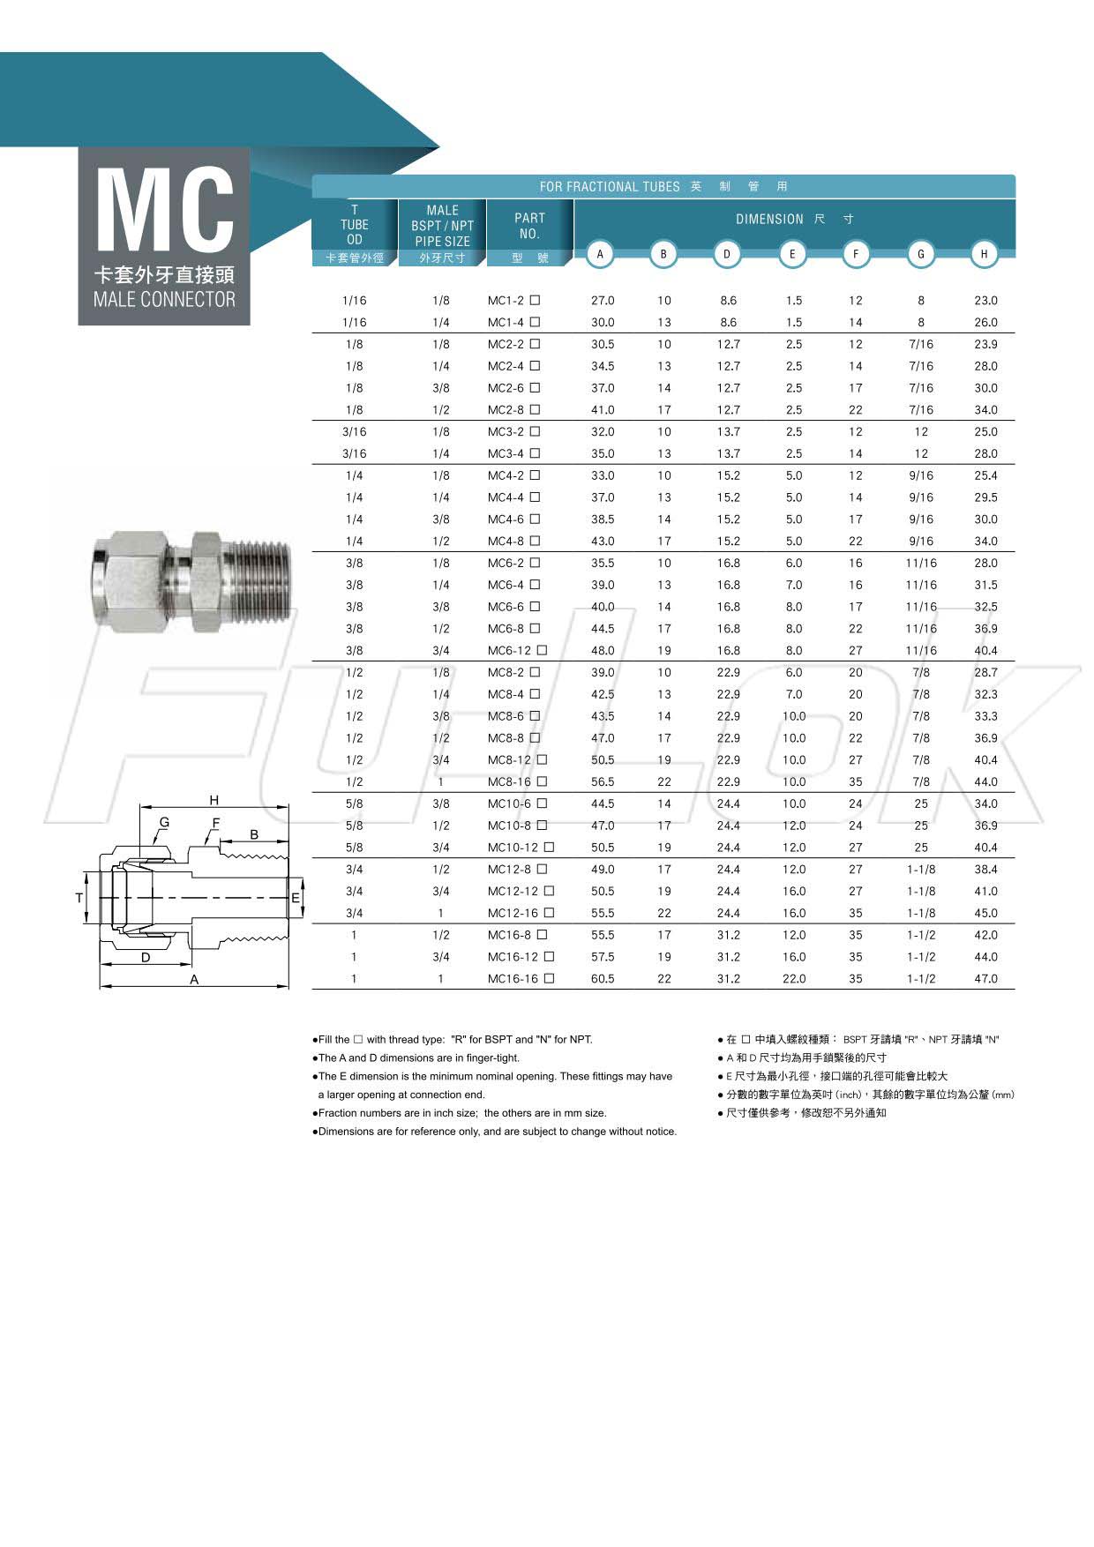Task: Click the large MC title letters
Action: [x=164, y=210]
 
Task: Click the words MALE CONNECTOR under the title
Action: [x=164, y=300]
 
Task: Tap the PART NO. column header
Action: [x=529, y=226]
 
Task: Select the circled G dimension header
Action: [x=920, y=254]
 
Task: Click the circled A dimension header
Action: [x=600, y=254]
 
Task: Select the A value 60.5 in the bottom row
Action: [x=603, y=979]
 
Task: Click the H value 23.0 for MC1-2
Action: [x=985, y=301]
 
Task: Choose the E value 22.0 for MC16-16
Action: [x=794, y=979]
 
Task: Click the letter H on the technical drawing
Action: [x=214, y=801]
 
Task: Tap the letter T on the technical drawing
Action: [x=79, y=898]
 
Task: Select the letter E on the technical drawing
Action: [x=296, y=899]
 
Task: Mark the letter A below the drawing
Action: [x=194, y=980]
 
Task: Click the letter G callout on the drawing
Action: [x=164, y=823]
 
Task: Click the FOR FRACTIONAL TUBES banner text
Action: [x=610, y=187]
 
